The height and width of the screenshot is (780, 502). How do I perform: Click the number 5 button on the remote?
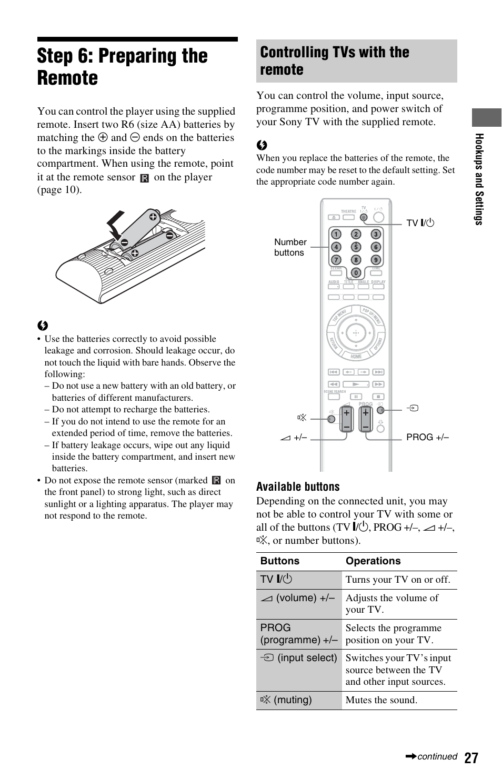(x=356, y=247)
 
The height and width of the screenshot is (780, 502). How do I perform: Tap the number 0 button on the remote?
(x=356, y=272)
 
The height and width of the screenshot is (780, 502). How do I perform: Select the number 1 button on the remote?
(x=336, y=234)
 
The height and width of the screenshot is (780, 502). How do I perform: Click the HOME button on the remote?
(x=356, y=357)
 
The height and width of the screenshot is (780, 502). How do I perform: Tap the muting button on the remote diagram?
(x=331, y=419)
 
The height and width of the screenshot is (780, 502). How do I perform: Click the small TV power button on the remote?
(x=363, y=217)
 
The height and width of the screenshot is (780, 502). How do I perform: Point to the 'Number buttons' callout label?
(x=290, y=247)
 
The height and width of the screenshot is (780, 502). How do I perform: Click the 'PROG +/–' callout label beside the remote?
(x=427, y=437)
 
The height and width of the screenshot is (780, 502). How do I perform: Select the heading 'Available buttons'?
(x=298, y=487)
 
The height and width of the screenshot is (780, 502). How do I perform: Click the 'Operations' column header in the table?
(x=373, y=561)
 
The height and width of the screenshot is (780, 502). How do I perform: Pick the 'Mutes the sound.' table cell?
(x=381, y=700)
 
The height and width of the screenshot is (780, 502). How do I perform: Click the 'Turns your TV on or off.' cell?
(x=398, y=580)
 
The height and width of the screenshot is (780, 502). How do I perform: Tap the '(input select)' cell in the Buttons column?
(x=298, y=658)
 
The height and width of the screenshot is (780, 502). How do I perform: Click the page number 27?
(x=471, y=757)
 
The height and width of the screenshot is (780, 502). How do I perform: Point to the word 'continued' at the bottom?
(x=437, y=757)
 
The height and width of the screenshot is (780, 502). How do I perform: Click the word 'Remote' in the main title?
(x=67, y=78)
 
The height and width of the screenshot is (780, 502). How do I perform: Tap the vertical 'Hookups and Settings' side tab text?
(x=479, y=179)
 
